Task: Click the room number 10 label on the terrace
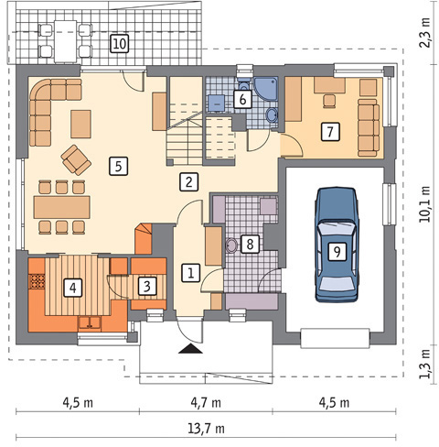tap(119, 44)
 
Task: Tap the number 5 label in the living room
tap(118, 166)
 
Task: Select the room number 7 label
tap(330, 132)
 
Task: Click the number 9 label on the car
tap(337, 252)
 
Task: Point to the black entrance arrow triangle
tap(190, 348)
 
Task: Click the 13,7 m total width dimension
tap(206, 429)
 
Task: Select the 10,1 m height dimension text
tap(425, 203)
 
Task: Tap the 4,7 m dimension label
tap(206, 403)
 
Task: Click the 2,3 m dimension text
tap(425, 32)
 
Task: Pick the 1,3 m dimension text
tap(425, 364)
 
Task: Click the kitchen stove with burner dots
tap(37, 281)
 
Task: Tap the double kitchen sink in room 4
tap(90, 323)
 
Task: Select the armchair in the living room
tap(76, 160)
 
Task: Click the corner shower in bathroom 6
tap(266, 89)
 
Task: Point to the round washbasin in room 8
tap(232, 245)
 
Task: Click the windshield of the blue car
tap(337, 227)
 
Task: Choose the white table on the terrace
tap(65, 41)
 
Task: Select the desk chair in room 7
tap(329, 101)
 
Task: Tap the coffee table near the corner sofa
tap(80, 124)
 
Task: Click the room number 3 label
tap(147, 286)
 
